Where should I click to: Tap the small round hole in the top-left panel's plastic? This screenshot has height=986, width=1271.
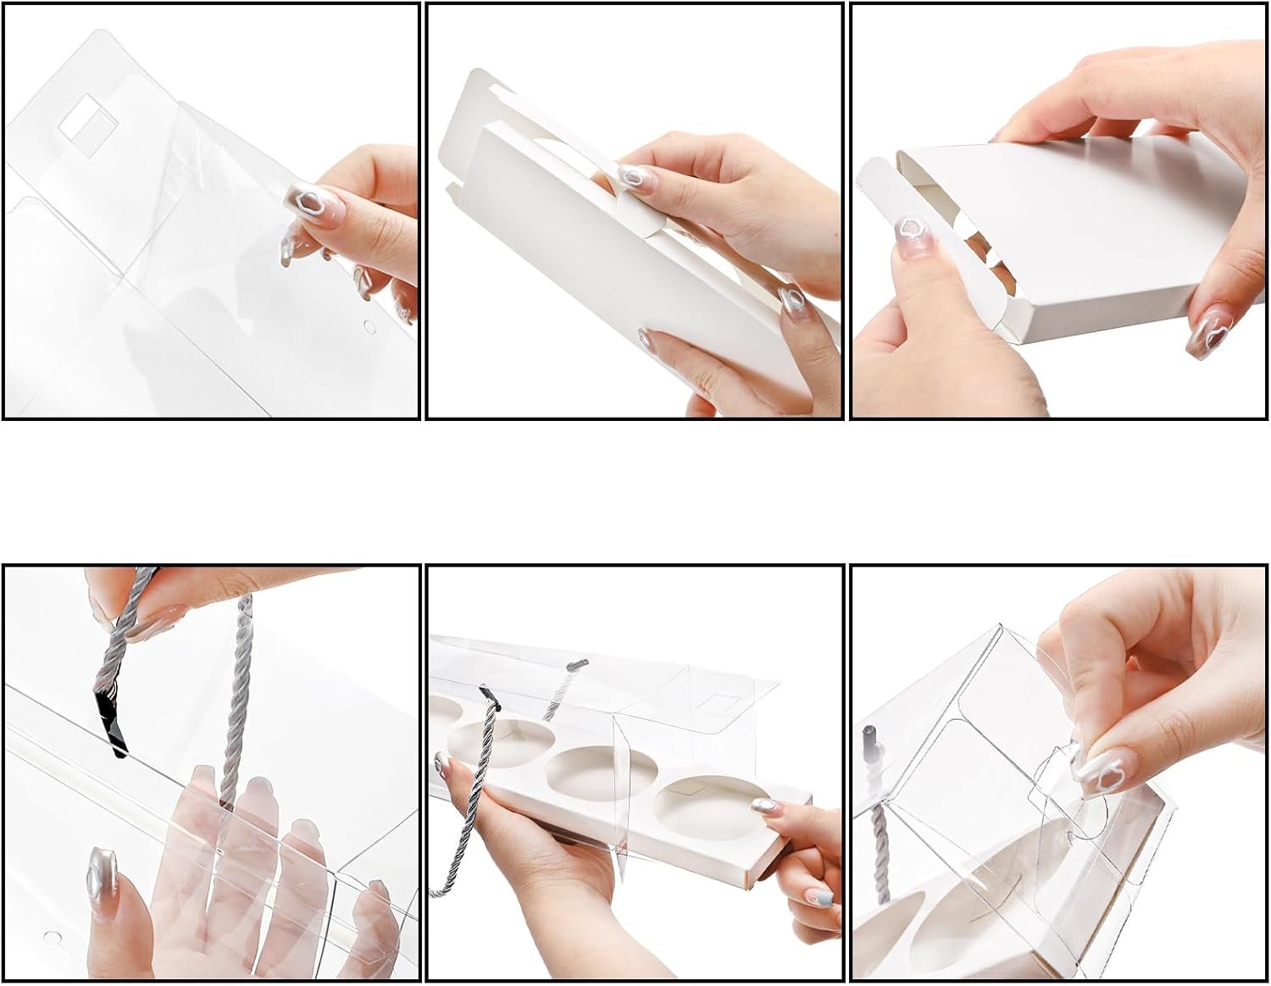coord(369,325)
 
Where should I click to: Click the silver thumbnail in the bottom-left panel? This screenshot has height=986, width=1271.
coord(98,873)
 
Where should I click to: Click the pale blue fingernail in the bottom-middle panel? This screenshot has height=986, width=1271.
coord(819,897)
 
